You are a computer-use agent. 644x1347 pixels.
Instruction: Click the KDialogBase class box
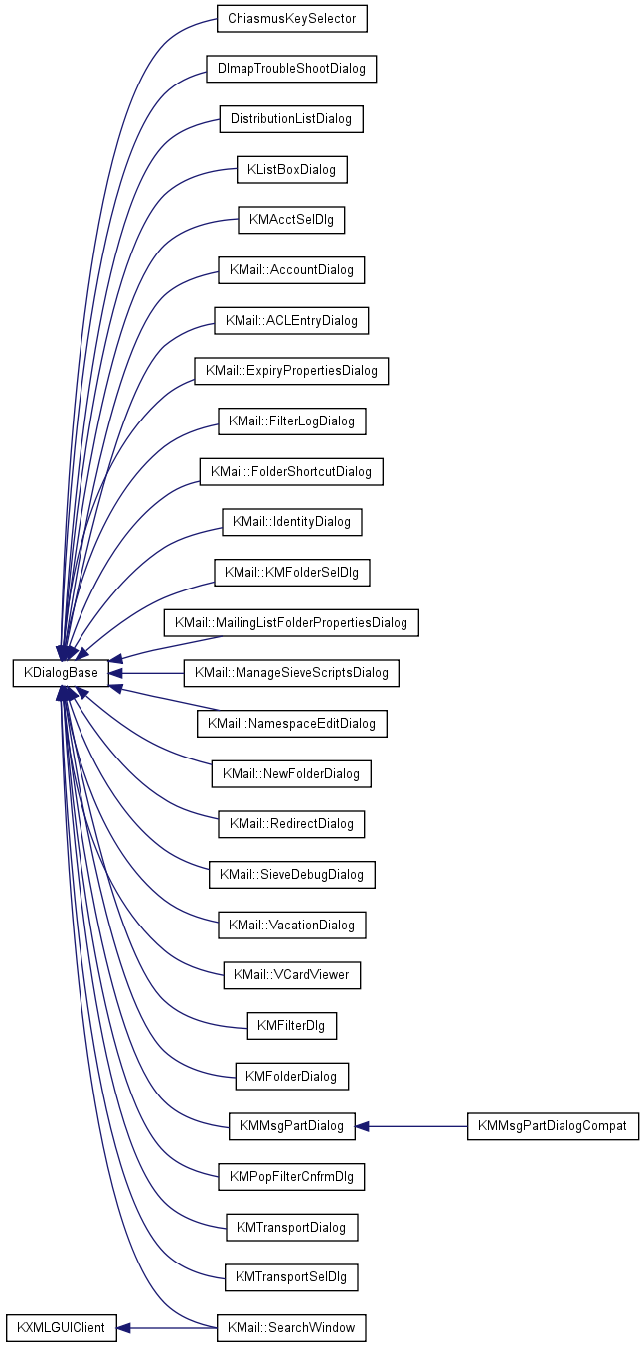[60, 673]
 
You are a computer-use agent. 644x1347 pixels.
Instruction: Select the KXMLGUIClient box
[61, 1327]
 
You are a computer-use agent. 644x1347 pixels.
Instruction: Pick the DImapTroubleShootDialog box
[292, 69]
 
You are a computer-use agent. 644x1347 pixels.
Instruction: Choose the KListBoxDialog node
[292, 170]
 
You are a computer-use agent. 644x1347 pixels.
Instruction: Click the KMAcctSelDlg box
[291, 220]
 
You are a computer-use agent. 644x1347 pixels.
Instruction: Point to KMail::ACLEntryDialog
[292, 321]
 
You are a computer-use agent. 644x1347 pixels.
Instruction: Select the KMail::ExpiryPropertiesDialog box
[291, 371]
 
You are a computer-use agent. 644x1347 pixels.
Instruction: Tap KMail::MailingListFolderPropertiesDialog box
[291, 623]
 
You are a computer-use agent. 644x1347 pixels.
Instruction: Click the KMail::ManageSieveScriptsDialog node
[291, 673]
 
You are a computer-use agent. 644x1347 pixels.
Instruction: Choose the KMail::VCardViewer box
[291, 975]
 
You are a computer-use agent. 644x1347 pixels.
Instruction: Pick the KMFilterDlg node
[292, 1025]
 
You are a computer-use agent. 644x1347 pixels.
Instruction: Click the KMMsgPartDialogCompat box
[553, 1126]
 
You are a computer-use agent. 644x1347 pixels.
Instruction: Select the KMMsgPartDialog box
[291, 1126]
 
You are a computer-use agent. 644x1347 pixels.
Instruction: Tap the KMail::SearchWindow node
[291, 1327]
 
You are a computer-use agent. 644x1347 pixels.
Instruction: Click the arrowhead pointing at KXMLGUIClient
[124, 1327]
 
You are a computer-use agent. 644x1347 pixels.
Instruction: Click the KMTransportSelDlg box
[291, 1275]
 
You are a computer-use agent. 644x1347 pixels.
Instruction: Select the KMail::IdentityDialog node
[292, 522]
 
